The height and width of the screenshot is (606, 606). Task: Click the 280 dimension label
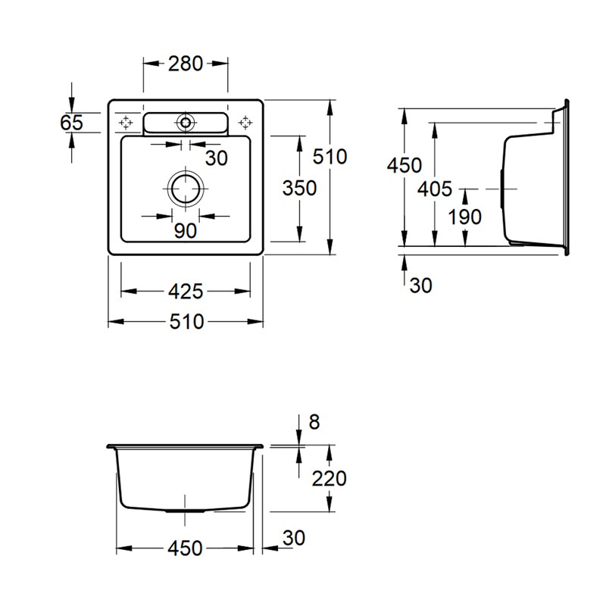tap(185, 64)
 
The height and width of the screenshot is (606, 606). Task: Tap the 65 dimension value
tap(72, 123)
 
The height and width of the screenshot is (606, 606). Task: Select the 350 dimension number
tap(299, 188)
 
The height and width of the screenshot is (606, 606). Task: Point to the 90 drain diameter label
tap(186, 231)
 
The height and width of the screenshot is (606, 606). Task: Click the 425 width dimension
tap(186, 292)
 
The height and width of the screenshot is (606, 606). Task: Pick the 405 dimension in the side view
tap(435, 189)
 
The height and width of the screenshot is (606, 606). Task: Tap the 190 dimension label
tap(465, 217)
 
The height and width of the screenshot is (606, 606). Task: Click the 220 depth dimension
tap(330, 479)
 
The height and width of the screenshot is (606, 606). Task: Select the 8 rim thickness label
tap(314, 422)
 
